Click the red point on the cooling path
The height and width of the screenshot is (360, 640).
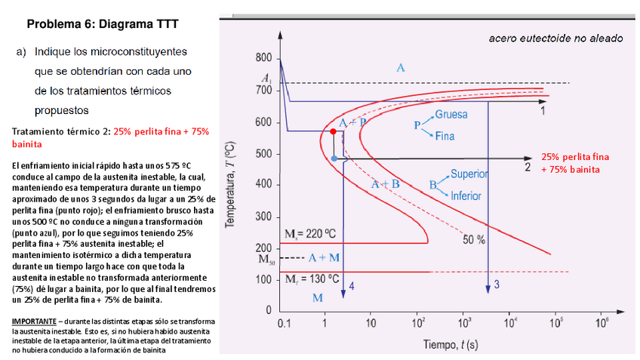[x=333, y=132]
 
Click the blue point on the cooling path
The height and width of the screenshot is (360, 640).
[x=334, y=158]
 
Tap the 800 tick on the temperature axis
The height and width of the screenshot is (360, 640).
[x=263, y=58]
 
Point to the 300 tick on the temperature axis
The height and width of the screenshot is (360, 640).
[x=263, y=217]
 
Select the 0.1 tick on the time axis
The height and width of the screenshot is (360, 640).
[x=284, y=322]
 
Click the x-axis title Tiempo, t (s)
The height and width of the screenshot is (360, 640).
[x=450, y=345]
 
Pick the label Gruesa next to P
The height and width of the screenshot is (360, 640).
[x=451, y=115]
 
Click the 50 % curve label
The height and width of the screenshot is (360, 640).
[x=473, y=239]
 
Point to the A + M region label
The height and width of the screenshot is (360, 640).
[x=324, y=257]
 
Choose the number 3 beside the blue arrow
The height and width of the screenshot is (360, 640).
[x=496, y=284]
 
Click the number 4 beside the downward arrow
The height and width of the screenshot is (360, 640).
[x=352, y=285]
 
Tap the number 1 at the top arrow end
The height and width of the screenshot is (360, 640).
[x=542, y=111]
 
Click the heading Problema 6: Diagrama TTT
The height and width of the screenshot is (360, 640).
[x=102, y=24]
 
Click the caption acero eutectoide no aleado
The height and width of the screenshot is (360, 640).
[x=555, y=38]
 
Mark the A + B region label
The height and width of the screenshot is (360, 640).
[x=386, y=184]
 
